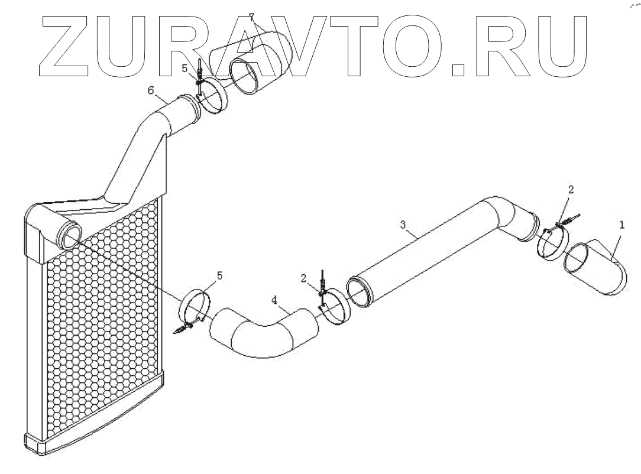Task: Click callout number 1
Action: (x=621, y=225)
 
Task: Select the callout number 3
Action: (x=403, y=224)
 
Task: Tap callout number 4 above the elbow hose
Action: (x=274, y=300)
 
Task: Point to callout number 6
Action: (x=151, y=90)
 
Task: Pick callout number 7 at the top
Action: (x=251, y=16)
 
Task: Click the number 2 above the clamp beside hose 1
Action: (x=571, y=190)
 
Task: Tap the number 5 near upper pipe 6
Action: (x=184, y=69)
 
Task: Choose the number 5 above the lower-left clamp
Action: (x=220, y=275)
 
